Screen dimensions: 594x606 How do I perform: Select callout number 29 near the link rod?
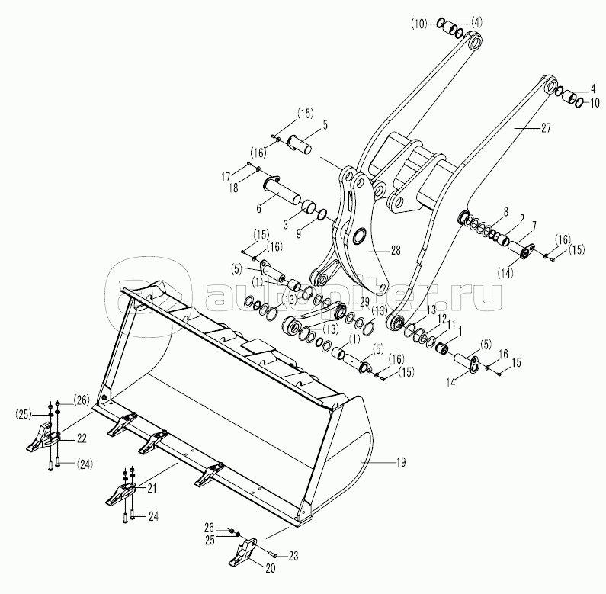pos(364,301)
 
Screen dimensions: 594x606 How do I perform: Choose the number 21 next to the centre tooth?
pos(152,487)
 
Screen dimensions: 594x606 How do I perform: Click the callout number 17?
pos(226,177)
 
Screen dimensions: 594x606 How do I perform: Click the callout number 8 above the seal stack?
pos(505,210)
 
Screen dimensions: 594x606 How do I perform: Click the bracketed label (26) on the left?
pos(82,399)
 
